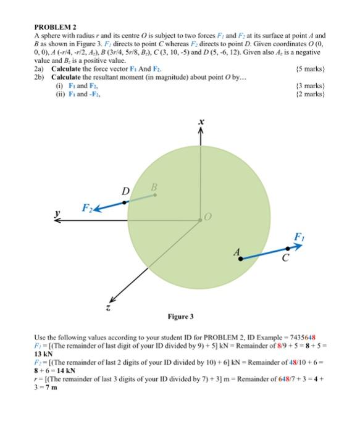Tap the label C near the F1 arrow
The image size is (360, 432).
286,258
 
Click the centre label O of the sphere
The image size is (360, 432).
207,217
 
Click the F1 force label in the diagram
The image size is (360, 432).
299,236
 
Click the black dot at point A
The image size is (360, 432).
240,259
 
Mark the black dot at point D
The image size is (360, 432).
125,202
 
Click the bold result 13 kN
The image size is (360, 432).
44,355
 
